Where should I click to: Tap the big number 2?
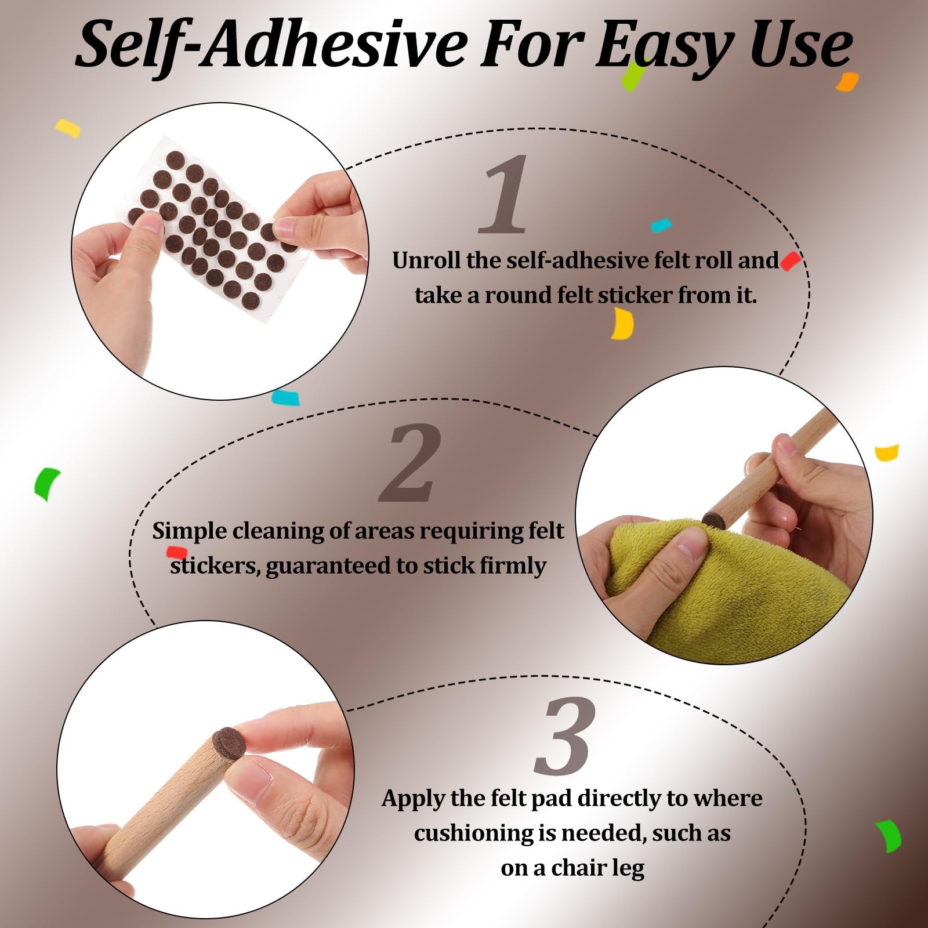tap(411, 463)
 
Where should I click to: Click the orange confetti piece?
tap(847, 82)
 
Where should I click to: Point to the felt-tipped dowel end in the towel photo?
tap(715, 519)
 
